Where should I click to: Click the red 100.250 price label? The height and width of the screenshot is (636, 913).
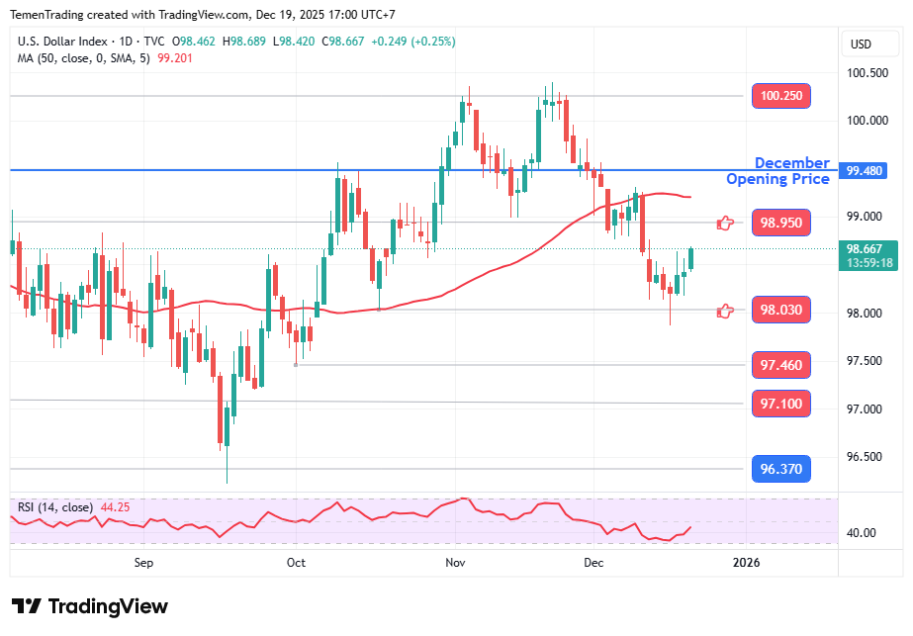(x=781, y=96)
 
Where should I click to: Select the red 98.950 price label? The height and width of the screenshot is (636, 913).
(x=781, y=223)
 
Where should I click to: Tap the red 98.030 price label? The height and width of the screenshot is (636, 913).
(x=781, y=311)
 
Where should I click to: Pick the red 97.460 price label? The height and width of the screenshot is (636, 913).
(x=781, y=365)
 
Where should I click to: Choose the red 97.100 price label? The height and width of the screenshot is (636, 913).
(x=781, y=404)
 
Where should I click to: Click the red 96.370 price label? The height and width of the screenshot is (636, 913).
(x=781, y=468)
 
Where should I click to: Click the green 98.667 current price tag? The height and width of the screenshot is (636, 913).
(x=867, y=255)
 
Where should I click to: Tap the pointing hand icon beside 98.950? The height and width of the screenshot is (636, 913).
(x=725, y=223)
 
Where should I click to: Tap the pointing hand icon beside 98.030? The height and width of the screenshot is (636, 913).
(x=725, y=311)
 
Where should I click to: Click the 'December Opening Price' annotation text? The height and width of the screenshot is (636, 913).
(x=778, y=171)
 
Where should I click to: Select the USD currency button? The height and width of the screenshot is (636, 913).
(x=861, y=44)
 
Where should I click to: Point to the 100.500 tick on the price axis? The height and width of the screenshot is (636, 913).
(x=867, y=72)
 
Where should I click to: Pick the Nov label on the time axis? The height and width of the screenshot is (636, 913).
(x=455, y=563)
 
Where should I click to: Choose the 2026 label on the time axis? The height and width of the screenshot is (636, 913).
(x=745, y=563)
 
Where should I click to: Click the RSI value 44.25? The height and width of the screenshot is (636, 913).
(x=115, y=507)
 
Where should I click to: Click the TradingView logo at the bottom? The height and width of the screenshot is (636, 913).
(x=90, y=606)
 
